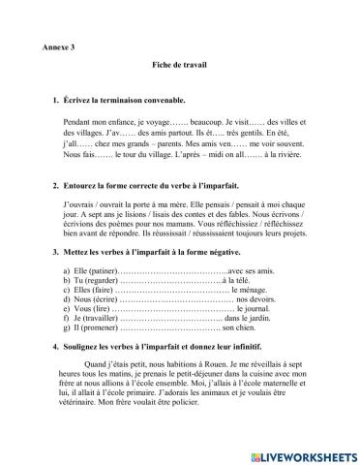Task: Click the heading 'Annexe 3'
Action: coord(60,46)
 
